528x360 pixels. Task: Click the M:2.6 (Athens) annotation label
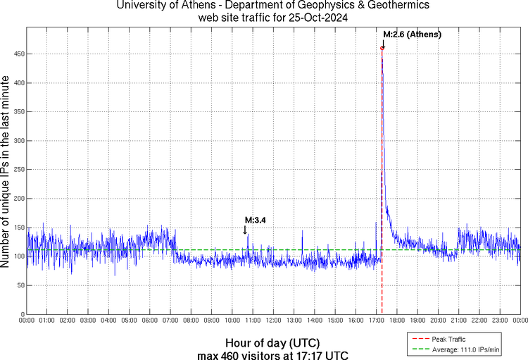pos(412,34)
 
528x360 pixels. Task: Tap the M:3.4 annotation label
pos(254,221)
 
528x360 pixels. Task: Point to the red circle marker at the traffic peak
pos(382,48)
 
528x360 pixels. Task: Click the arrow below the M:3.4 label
pos(245,230)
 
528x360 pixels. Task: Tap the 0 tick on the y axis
pos(21,314)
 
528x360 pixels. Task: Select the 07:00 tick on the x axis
pos(170,321)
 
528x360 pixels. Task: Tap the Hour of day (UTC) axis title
pos(273,342)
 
